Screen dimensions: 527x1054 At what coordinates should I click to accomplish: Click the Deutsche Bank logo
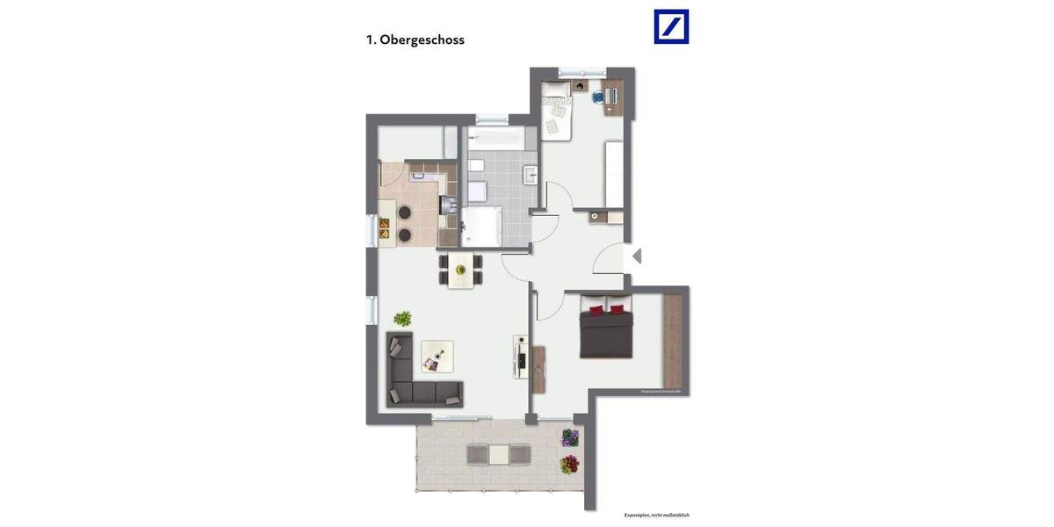pyautogui.click(x=671, y=26)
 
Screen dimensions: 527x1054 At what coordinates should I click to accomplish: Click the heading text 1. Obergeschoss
pyautogui.click(x=415, y=40)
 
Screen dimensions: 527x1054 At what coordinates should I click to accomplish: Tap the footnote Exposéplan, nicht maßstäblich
pyautogui.click(x=656, y=515)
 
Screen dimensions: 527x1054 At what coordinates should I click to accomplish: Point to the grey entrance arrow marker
pyautogui.click(x=637, y=256)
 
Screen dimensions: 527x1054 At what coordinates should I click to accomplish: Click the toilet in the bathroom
pyautogui.click(x=474, y=166)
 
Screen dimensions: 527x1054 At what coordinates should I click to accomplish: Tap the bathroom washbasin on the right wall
pyautogui.click(x=530, y=174)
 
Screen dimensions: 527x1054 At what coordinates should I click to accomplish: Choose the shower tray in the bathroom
pyautogui.click(x=480, y=226)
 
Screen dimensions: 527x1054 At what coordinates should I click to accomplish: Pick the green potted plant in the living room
pyautogui.click(x=403, y=318)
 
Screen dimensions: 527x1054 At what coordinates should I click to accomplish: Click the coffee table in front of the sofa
pyautogui.click(x=437, y=356)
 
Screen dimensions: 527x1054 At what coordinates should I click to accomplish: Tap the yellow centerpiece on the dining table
pyautogui.click(x=460, y=270)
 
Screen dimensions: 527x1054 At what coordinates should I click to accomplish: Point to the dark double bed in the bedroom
pyautogui.click(x=606, y=330)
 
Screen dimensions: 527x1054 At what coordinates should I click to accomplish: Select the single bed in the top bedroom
pyautogui.click(x=556, y=112)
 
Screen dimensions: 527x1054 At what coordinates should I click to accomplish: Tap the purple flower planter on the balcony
pyautogui.click(x=570, y=437)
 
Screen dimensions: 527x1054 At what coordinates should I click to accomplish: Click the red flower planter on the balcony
pyautogui.click(x=570, y=463)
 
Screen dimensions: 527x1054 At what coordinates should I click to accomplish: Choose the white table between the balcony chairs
pyautogui.click(x=498, y=454)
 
